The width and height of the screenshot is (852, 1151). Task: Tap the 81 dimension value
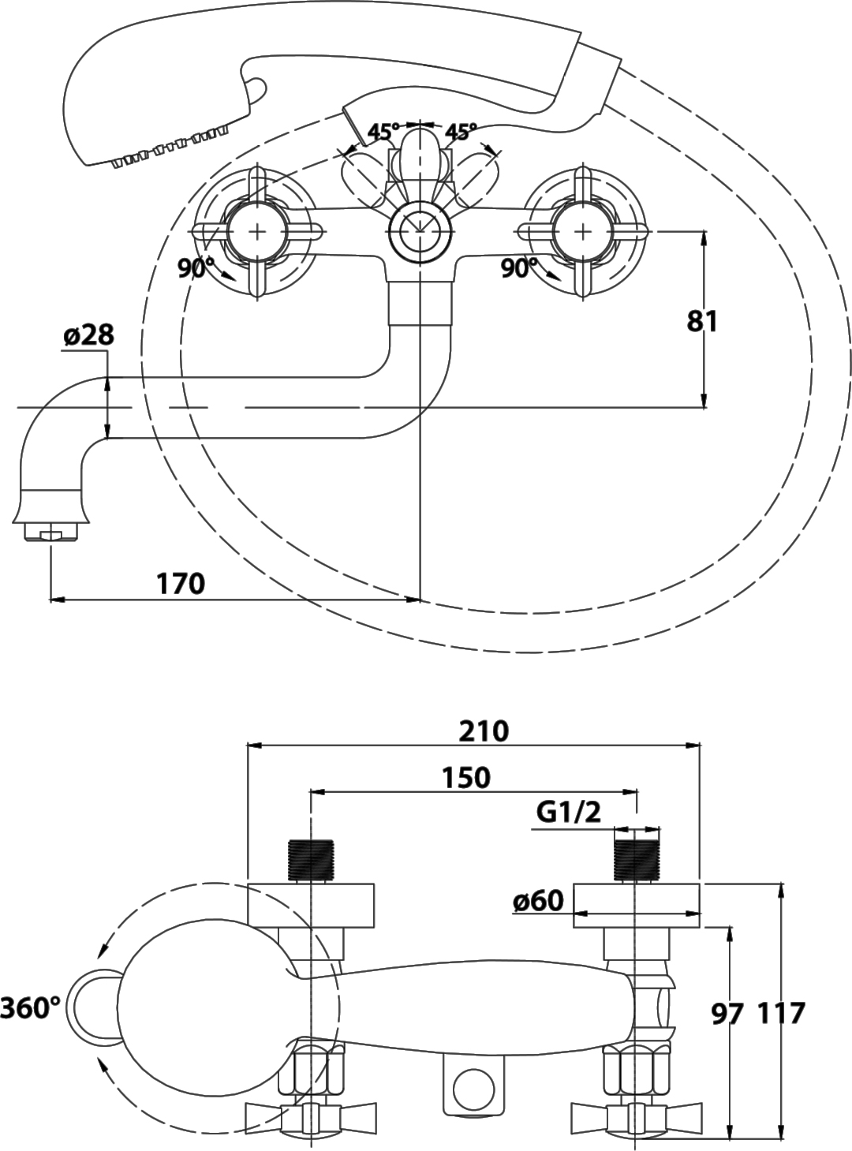click(x=702, y=321)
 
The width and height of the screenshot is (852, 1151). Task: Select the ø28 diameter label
click(x=88, y=336)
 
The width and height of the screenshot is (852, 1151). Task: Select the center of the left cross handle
click(x=257, y=232)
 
